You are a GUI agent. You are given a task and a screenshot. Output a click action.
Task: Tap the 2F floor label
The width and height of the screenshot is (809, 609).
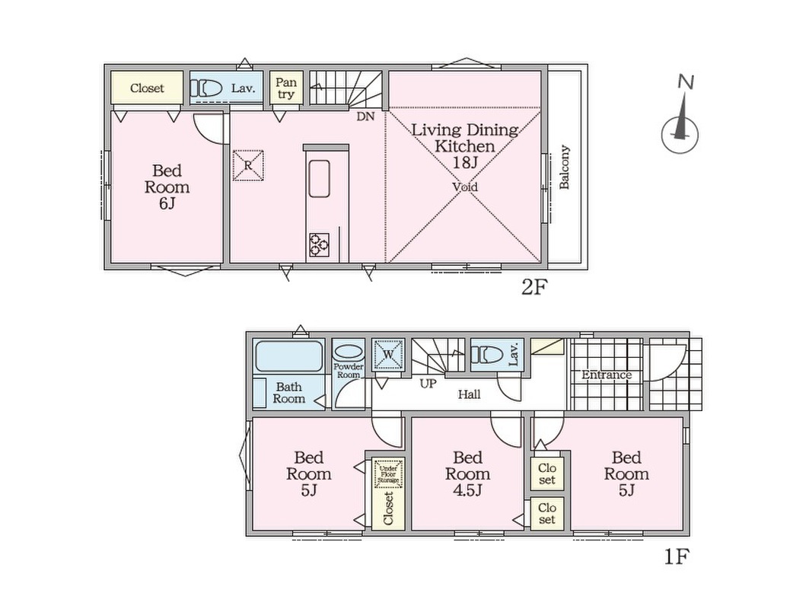(533, 287)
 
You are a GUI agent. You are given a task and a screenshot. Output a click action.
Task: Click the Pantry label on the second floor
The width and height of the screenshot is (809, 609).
(286, 88)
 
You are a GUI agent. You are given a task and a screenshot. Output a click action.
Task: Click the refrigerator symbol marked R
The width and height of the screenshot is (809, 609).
(248, 166)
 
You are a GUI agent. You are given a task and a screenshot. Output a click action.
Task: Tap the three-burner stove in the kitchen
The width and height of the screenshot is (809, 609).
(320, 244)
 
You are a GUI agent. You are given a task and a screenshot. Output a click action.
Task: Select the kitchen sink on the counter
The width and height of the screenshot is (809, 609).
(320, 179)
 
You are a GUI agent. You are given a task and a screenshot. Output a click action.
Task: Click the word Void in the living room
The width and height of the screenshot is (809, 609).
(465, 187)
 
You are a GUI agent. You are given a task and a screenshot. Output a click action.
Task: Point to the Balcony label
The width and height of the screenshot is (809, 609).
(565, 167)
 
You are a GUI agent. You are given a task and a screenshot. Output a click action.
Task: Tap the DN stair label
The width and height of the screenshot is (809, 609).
(365, 116)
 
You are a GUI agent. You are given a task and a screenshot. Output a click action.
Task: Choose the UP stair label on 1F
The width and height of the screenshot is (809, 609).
(428, 384)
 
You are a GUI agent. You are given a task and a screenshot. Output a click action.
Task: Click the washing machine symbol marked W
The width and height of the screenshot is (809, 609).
(388, 355)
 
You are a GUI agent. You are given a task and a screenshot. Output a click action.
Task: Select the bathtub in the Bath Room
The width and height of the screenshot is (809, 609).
(289, 356)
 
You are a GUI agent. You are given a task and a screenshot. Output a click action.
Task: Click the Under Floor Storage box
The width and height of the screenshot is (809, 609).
(388, 473)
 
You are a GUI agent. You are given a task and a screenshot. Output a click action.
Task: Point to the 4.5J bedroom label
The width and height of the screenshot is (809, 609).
(467, 473)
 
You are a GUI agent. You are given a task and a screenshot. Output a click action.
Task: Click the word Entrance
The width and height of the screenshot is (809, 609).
(607, 375)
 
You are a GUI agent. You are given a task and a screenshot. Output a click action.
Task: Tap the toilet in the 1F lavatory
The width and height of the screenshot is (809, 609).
(487, 355)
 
